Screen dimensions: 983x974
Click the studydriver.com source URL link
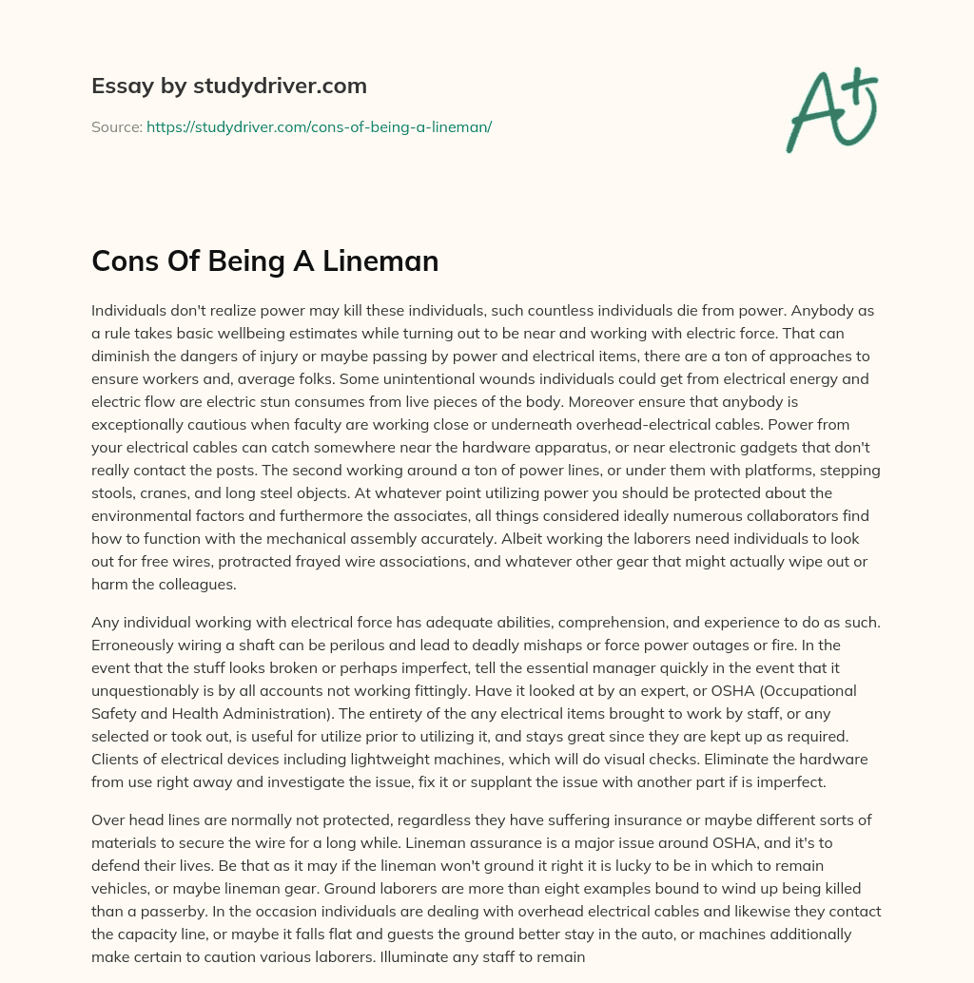(319, 126)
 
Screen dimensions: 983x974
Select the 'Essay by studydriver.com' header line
(228, 86)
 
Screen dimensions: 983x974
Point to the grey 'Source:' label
(116, 126)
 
